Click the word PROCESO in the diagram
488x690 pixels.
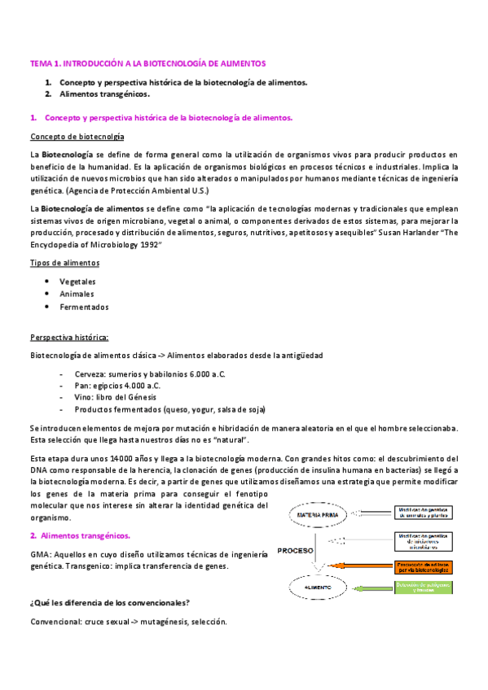click(x=295, y=550)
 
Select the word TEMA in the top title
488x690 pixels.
click(x=41, y=63)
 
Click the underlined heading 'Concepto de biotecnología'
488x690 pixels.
click(x=77, y=136)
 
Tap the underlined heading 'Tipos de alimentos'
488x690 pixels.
click(x=65, y=263)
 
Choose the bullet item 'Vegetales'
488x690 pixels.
click(x=77, y=281)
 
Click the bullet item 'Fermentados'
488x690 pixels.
click(x=84, y=307)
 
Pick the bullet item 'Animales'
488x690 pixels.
click(x=77, y=294)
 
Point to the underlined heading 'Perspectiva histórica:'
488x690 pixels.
click(x=69, y=337)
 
